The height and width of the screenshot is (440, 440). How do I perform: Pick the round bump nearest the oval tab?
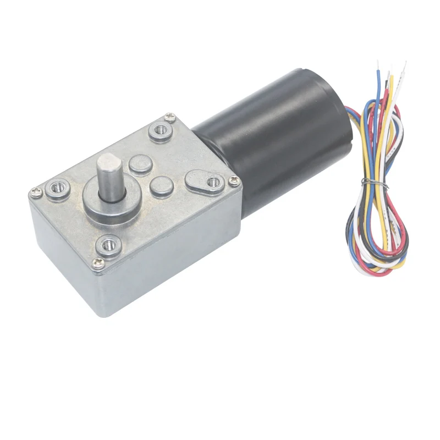pos(161,187)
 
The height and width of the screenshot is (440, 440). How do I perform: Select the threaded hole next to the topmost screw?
pos(161,130)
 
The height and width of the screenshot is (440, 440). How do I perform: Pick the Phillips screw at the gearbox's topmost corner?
pos(168,116)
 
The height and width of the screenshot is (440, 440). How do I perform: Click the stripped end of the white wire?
pos(405,66)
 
